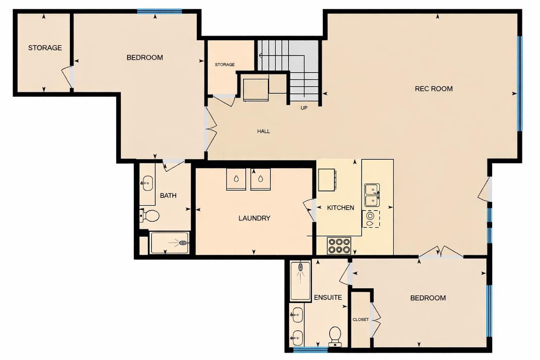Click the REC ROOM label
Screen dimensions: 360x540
tap(433, 89)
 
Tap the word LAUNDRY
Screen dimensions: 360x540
tap(254, 218)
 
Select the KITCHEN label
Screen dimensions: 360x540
tap(340, 208)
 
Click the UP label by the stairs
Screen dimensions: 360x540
tap(304, 108)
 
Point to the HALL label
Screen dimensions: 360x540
tap(263, 131)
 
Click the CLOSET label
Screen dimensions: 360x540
tap(361, 320)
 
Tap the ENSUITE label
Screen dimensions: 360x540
tap(328, 297)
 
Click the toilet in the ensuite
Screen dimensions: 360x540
tap(335, 336)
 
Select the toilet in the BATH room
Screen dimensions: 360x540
tap(151, 215)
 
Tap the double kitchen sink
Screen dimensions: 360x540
tap(372, 195)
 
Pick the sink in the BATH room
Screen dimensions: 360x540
tap(147, 183)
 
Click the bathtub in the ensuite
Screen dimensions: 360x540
tap(300, 281)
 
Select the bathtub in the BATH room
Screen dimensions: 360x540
tap(169, 243)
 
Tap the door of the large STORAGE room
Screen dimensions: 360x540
tap(68, 77)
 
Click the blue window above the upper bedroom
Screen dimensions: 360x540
tap(159, 12)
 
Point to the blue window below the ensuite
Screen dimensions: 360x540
tap(310, 349)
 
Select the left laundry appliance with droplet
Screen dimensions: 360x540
tap(236, 179)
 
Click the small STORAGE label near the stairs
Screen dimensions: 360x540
tap(225, 65)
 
